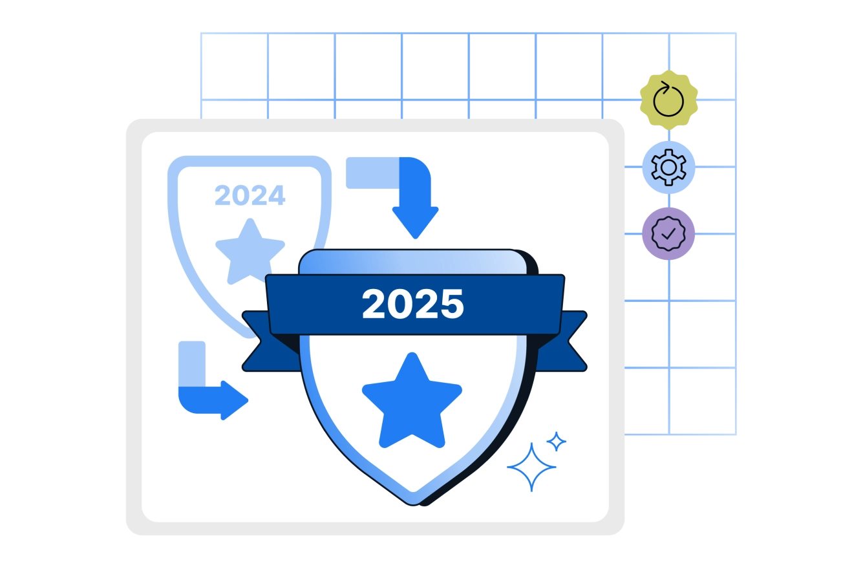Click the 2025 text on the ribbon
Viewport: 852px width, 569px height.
(412, 303)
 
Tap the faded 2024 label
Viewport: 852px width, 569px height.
(250, 195)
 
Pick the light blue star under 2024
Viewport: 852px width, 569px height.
(250, 251)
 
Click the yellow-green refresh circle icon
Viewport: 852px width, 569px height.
(668, 100)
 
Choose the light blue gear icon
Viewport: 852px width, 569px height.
(668, 167)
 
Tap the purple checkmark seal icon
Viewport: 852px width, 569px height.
(668, 233)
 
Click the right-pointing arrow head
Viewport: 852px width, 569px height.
(235, 400)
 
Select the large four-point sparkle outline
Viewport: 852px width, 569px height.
(531, 467)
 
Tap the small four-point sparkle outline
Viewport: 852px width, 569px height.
(556, 442)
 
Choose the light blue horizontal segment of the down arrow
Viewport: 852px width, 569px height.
(372, 173)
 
